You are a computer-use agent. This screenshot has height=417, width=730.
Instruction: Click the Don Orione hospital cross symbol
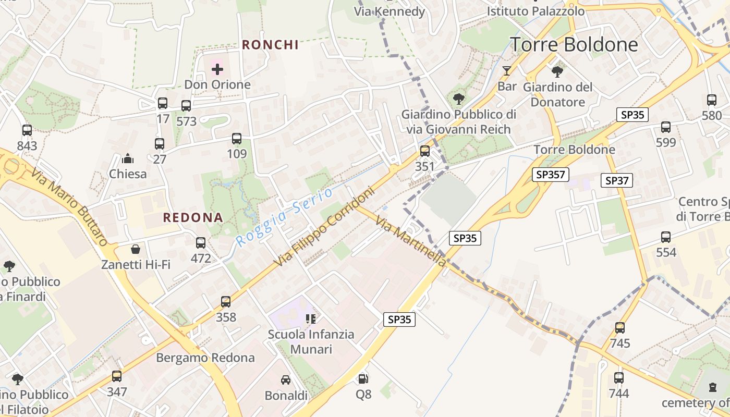(x=217, y=69)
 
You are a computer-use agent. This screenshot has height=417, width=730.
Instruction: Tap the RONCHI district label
(x=270, y=45)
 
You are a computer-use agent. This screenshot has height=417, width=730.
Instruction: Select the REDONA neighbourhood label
(x=193, y=218)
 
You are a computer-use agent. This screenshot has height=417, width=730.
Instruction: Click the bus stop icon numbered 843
(x=27, y=130)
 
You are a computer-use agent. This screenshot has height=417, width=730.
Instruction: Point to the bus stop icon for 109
(x=237, y=139)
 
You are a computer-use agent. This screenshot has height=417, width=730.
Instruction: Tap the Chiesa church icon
(x=128, y=158)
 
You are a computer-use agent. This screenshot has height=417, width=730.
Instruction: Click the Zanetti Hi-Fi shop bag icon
(x=136, y=249)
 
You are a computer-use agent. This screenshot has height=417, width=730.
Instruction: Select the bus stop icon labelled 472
(x=201, y=243)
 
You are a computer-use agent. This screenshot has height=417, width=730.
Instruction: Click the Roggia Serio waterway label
(x=284, y=217)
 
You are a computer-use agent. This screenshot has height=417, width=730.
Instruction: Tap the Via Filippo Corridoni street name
(x=324, y=227)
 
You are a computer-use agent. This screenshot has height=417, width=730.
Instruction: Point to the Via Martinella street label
(x=411, y=241)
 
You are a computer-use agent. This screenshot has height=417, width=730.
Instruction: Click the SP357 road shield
(x=551, y=175)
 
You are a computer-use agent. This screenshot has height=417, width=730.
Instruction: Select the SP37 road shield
(x=617, y=181)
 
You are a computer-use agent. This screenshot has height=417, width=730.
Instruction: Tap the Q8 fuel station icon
(x=363, y=379)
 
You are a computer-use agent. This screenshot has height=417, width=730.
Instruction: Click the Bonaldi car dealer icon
(x=286, y=380)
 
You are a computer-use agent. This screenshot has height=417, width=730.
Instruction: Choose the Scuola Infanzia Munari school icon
(x=311, y=318)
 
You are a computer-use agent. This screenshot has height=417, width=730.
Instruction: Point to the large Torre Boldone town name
(x=574, y=45)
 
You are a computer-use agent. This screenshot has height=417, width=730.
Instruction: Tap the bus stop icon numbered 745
(x=619, y=328)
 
